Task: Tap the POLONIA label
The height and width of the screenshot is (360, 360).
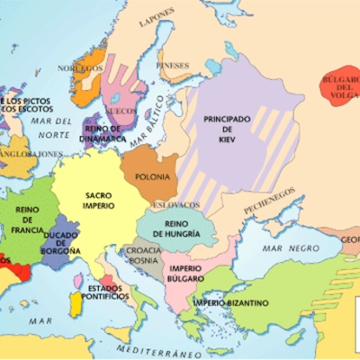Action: coord(151,177)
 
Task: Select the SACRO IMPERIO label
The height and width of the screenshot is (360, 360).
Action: coord(99,200)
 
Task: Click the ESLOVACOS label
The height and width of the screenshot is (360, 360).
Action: coord(158,204)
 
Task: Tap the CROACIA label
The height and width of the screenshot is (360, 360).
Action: coord(144,250)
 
